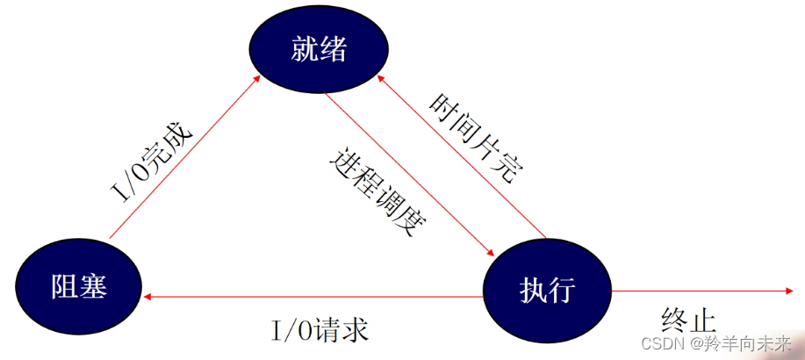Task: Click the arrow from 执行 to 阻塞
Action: (316, 297)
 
